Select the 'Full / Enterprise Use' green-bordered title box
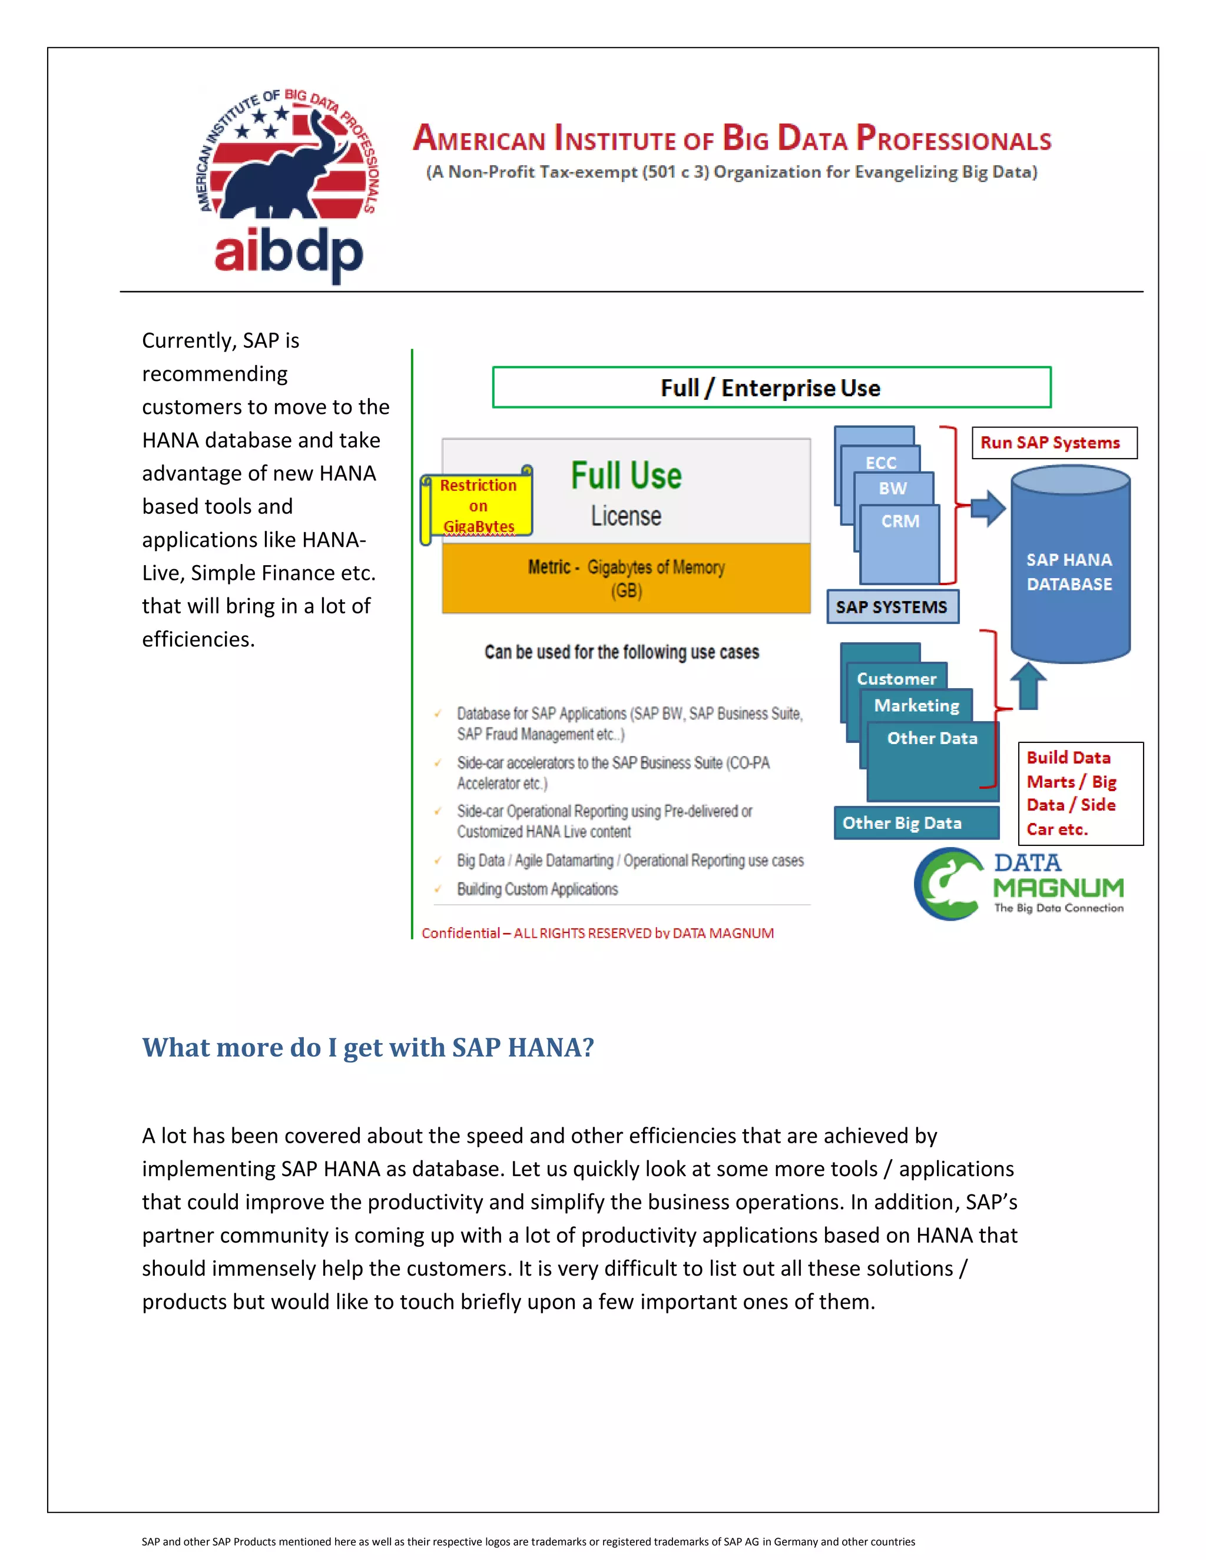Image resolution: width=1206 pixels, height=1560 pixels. pyautogui.click(x=771, y=387)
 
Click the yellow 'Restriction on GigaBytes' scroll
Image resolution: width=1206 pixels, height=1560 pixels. pyautogui.click(x=477, y=506)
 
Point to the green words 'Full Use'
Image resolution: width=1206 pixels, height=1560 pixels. pyautogui.click(x=626, y=476)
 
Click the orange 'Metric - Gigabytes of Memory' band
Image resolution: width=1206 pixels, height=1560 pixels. pyautogui.click(x=626, y=578)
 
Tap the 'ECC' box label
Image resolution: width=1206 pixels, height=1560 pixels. pyautogui.click(x=880, y=463)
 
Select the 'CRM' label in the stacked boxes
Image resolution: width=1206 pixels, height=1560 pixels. pyautogui.click(x=900, y=522)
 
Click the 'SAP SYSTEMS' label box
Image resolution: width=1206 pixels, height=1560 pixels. pyautogui.click(x=892, y=606)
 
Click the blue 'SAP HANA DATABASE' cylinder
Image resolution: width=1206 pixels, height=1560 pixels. pyautogui.click(x=1069, y=565)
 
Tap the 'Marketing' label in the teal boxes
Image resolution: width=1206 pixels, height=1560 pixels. pyautogui.click(x=917, y=706)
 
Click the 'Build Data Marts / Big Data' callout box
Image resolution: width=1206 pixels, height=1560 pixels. pyautogui.click(x=1079, y=793)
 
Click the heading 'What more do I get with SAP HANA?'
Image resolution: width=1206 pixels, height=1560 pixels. pyautogui.click(x=368, y=1047)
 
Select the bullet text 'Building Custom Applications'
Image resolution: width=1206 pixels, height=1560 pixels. pyautogui.click(x=537, y=889)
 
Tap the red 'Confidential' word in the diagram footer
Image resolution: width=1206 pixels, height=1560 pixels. pyautogui.click(x=460, y=933)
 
